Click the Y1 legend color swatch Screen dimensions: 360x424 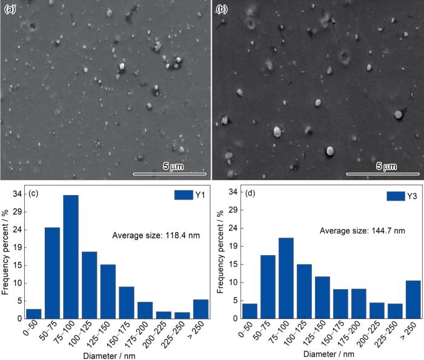pyautogui.click(x=183, y=195)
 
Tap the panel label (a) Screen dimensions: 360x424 pyautogui.click(x=10, y=10)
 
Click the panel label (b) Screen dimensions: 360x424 pyautogui.click(x=222, y=10)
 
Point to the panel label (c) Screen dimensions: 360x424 pyautogui.click(x=34, y=194)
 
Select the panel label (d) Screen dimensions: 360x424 pyautogui.click(x=249, y=194)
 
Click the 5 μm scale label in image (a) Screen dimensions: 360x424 pyautogui.click(x=173, y=165)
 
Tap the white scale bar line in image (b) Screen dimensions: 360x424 pyautogui.click(x=383, y=174)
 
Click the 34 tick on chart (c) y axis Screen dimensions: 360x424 pyautogui.click(x=18, y=195)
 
